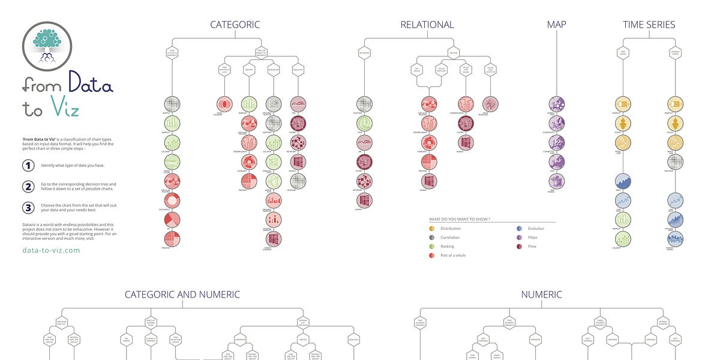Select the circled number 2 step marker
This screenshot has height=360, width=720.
pos(28,187)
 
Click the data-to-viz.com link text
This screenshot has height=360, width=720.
pos(51,250)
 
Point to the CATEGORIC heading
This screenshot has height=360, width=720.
pos(235,25)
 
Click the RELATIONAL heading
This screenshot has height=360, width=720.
pos(427,25)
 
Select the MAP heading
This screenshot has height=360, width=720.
pos(556,25)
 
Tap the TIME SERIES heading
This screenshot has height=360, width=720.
pos(649,25)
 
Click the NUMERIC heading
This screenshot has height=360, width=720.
pos(541,295)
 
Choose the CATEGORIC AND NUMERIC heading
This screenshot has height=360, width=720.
pos(182,295)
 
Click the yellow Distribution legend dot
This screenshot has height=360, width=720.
pos(432,229)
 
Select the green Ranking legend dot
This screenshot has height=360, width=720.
pos(432,247)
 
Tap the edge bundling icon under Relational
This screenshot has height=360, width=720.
pos(490,104)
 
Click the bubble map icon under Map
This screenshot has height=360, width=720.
pos(557,104)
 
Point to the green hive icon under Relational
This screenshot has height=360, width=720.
pos(364,124)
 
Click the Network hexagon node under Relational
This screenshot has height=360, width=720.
pos(364,53)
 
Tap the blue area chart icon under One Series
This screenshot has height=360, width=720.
pos(623,181)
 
